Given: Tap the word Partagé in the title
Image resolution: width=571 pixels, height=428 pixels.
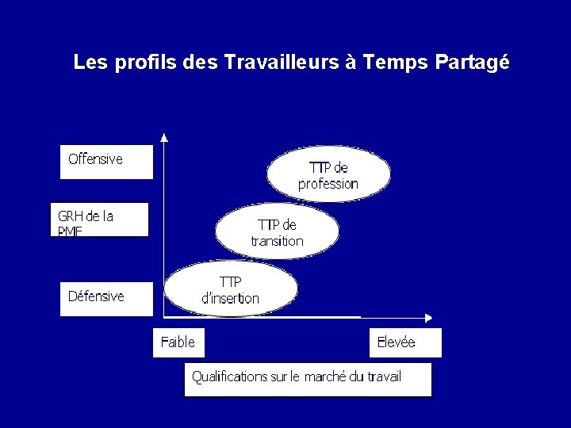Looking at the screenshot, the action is pyautogui.click(x=472, y=63).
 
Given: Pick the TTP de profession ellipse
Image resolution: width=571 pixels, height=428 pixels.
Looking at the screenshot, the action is pyautogui.click(x=328, y=175).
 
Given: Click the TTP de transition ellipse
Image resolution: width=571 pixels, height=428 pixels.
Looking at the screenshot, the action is pyautogui.click(x=278, y=232).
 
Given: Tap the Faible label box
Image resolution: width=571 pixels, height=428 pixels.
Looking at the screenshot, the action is pyautogui.click(x=178, y=342).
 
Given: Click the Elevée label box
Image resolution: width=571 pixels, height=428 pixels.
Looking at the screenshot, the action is pyautogui.click(x=405, y=342).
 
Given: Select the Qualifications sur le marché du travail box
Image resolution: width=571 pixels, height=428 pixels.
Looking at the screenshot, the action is pyautogui.click(x=308, y=379).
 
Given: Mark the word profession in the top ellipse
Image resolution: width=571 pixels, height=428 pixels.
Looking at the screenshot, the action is pyautogui.click(x=328, y=184).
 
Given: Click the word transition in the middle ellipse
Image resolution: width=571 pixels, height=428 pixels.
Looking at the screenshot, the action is pyautogui.click(x=278, y=241).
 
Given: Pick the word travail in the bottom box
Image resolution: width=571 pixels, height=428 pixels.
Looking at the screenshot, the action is pyautogui.click(x=384, y=376).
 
